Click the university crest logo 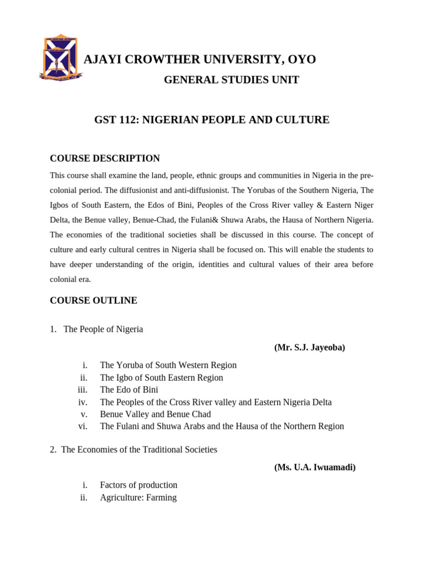60,57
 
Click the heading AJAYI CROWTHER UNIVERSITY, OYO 199,60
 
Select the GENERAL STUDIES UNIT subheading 231,80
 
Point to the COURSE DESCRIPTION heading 105,158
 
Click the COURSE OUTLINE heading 93,301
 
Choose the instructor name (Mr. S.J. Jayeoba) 309,347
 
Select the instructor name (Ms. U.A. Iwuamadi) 315,467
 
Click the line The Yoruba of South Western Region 168,365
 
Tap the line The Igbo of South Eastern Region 161,377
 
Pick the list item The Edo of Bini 129,390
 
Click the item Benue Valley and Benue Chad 155,414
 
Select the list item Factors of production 139,485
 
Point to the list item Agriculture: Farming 138,497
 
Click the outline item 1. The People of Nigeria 96,329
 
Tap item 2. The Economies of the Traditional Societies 133,450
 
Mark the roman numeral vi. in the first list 83,426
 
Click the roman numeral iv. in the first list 83,402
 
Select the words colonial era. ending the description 70,279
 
